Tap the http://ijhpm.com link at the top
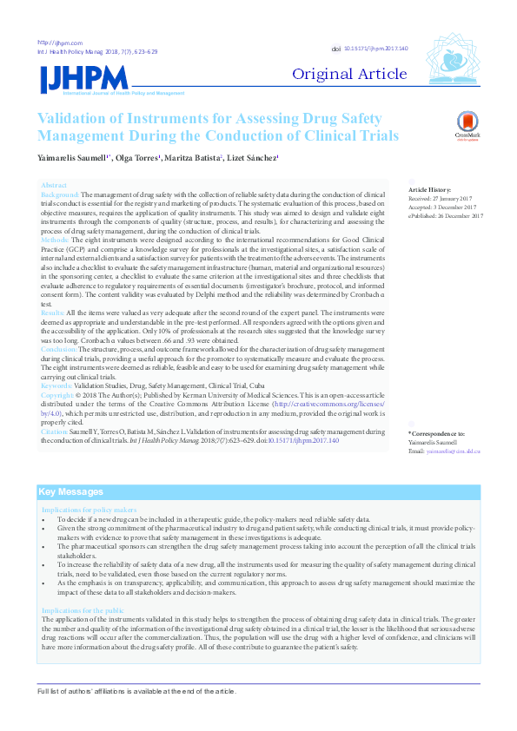pyautogui.click(x=60, y=43)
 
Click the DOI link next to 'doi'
pyautogui.click(x=375, y=49)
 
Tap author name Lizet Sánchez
pyautogui.click(x=254, y=159)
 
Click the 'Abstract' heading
pyautogui.click(x=54, y=186)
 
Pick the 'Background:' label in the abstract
pyautogui.click(x=61, y=194)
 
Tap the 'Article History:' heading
pyautogui.click(x=430, y=188)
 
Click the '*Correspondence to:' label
pyautogui.click(x=436, y=432)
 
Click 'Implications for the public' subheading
pyautogui.click(x=90, y=611)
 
